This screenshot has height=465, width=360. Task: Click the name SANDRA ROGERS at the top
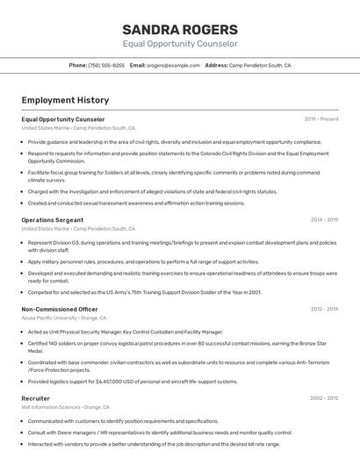(x=180, y=29)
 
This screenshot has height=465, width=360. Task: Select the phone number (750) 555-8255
(x=107, y=65)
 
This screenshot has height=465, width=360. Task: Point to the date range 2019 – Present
(x=321, y=118)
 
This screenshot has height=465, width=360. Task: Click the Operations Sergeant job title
(x=52, y=219)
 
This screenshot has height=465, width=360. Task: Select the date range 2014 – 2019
(x=324, y=219)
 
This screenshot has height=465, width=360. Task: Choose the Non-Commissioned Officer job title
(x=60, y=309)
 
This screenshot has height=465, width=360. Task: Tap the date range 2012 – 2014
(x=324, y=309)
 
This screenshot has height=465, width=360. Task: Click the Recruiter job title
(x=36, y=398)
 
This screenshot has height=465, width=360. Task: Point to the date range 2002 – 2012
(x=324, y=398)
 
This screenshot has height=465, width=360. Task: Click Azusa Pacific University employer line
(x=63, y=318)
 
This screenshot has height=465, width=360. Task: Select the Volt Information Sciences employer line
(x=65, y=407)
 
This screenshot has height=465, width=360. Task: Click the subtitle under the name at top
(x=180, y=44)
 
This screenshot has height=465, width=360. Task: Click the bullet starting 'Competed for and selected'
(x=145, y=292)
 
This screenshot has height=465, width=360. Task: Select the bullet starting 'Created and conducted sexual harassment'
(x=136, y=203)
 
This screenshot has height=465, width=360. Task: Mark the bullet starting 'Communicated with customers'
(x=123, y=421)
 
